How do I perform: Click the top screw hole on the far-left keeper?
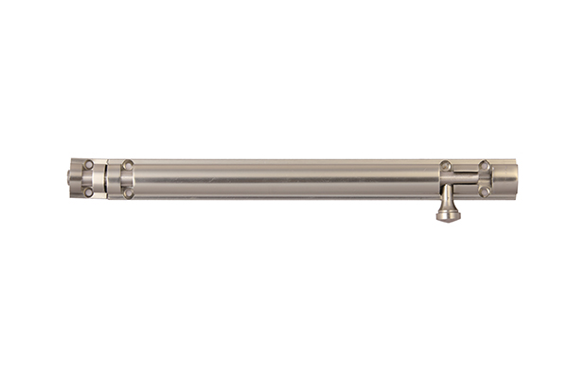[88, 165]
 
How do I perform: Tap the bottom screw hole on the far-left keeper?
[88, 192]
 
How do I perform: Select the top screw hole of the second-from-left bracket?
[128, 165]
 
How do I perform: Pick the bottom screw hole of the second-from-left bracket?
[128, 192]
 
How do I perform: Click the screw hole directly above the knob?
[445, 166]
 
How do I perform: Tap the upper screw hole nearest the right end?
[485, 166]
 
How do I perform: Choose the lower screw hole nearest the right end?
[485, 191]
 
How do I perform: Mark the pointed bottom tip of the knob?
[449, 220]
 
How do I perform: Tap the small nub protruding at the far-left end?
[70, 178]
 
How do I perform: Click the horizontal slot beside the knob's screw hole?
[465, 172]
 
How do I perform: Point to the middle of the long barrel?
[284, 178]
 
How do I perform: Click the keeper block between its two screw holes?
[88, 178]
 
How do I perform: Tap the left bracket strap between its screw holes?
[128, 178]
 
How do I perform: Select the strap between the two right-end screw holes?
[485, 178]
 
